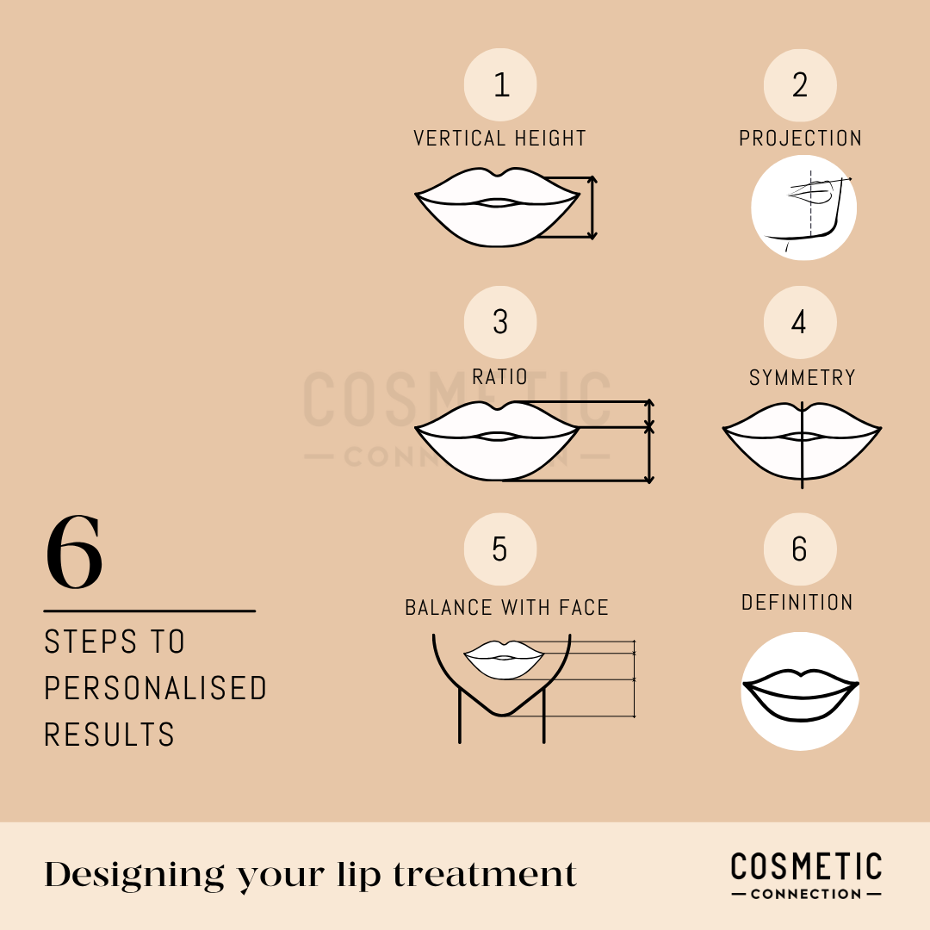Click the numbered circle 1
500,85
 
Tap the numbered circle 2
800,85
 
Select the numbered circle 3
500,322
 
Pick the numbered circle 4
800,322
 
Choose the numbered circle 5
500,549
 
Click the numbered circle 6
800,549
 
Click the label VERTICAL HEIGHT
499,139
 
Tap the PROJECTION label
800,139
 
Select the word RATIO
499,377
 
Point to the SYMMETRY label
802,377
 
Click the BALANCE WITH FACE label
506,607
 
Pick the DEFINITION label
797,602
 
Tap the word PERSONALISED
156,688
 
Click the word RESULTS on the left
109,735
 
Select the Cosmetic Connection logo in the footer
806,875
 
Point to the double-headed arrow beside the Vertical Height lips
592,208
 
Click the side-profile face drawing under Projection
803,208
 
